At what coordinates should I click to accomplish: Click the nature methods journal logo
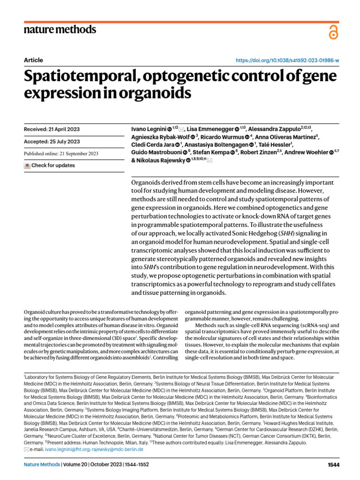click(x=60, y=30)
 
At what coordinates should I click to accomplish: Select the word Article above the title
click(x=33, y=60)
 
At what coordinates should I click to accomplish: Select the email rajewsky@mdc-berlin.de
click(x=117, y=449)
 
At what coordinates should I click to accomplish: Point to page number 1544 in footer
click(x=333, y=465)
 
